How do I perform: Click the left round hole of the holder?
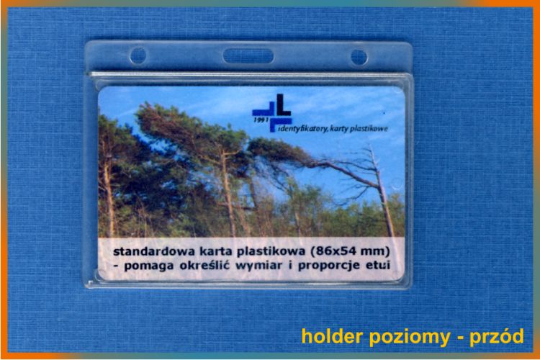138,55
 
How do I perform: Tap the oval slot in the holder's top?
248,56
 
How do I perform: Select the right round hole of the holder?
359,57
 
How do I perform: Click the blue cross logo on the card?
272,112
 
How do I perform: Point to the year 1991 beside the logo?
261,120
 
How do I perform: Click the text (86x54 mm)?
350,251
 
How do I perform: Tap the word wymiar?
258,266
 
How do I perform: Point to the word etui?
378,264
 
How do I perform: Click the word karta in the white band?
220,251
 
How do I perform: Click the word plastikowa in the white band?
271,252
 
